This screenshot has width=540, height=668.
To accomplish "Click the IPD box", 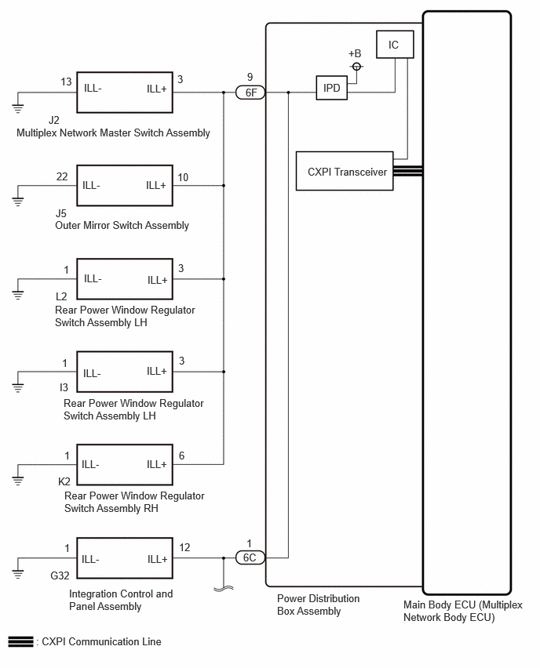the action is (331, 88).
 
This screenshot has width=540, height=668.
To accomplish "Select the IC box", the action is (395, 45).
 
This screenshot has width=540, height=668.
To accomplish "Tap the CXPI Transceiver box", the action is (345, 171).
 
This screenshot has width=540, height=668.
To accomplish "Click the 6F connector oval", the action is (250, 93).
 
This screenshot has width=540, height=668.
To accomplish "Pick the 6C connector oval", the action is (250, 557).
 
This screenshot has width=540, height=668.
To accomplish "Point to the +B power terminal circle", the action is (356, 67).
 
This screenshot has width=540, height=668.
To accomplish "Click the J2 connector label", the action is (53, 120).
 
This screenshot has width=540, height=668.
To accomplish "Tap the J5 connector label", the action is (61, 213).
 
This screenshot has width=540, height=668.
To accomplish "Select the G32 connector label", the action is (60, 575).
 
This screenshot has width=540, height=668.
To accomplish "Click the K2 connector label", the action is (64, 481).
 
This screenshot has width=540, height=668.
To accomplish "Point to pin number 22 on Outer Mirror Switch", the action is (62, 176).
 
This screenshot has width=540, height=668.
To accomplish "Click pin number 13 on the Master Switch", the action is (66, 82).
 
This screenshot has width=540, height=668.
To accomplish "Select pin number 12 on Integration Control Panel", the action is (184, 547).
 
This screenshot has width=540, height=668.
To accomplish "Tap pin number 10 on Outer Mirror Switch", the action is (183, 177).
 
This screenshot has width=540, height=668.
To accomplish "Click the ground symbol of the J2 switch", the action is (17, 107).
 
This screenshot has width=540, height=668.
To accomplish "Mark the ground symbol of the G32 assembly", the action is (17, 573).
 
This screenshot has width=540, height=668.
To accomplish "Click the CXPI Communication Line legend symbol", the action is (20, 641).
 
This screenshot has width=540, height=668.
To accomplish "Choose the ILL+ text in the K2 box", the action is (156, 464).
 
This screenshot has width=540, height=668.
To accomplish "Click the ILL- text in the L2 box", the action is (93, 278).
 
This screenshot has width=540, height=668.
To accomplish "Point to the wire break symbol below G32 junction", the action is (224, 589).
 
